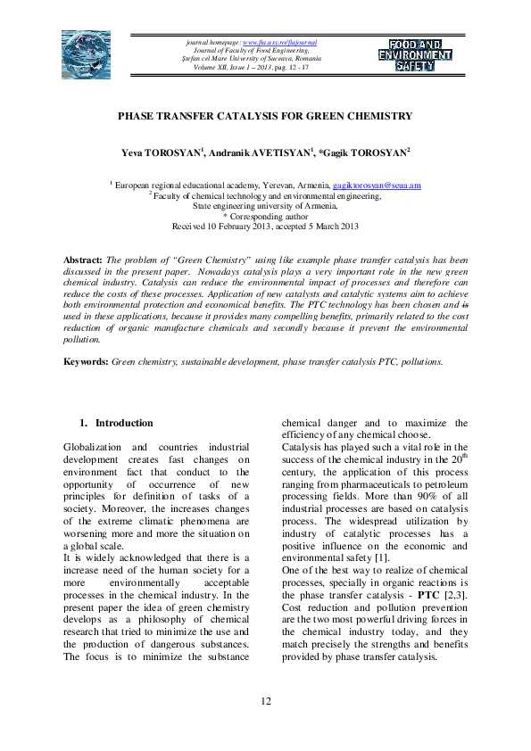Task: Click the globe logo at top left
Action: (87, 54)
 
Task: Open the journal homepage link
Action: (279, 42)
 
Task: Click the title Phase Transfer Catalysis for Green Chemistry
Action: (265, 116)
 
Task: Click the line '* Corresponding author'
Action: (265, 215)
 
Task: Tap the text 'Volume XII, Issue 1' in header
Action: (219, 67)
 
